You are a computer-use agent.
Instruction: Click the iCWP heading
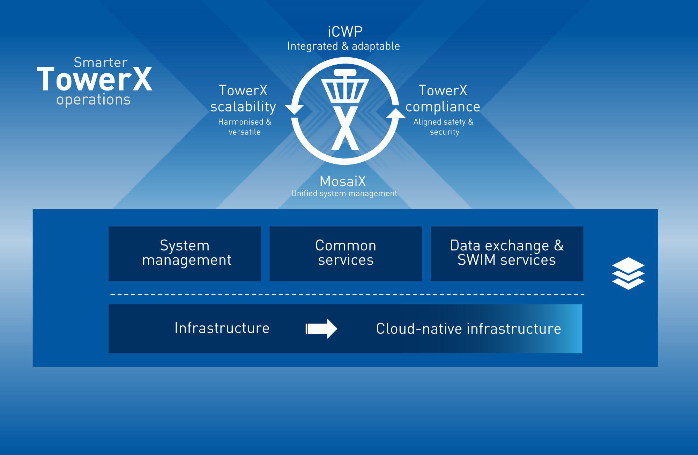[345, 32]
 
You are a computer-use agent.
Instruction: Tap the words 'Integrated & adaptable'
[343, 46]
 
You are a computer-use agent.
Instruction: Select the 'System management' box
[185, 254]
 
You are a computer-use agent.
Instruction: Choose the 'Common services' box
[346, 254]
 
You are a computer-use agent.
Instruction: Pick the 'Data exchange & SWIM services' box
[507, 254]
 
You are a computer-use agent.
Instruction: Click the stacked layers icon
[628, 273]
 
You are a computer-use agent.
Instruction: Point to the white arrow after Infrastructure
[321, 329]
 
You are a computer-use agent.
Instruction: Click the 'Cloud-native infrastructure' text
[468, 329]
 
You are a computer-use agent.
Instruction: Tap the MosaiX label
[343, 181]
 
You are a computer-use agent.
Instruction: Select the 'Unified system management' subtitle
[344, 193]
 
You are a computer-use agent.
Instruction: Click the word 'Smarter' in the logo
[101, 63]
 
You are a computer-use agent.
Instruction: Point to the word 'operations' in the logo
[94, 100]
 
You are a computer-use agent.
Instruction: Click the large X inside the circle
[345, 128]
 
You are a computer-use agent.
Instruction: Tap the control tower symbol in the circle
[345, 86]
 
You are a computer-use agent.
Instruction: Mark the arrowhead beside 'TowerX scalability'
[294, 109]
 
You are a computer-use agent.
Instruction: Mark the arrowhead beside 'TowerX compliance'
[396, 113]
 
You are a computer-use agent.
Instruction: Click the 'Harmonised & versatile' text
[244, 127]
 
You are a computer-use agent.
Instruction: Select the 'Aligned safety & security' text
[444, 127]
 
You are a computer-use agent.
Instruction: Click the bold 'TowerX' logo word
[95, 80]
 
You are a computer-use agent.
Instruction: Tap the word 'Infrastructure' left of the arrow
[222, 328]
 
